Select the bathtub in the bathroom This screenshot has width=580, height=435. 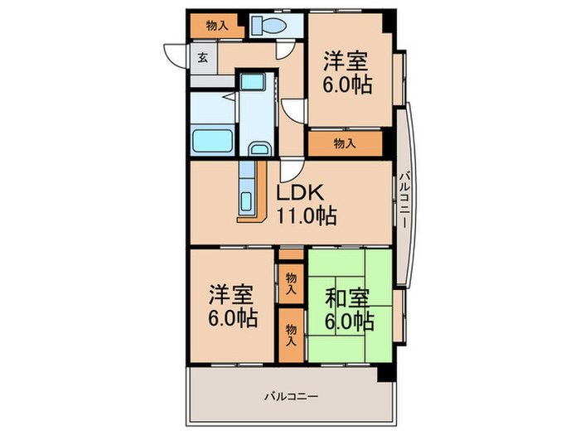(212, 139)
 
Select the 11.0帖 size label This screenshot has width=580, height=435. (306, 217)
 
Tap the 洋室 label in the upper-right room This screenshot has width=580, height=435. (346, 60)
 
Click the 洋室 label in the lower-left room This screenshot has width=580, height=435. (231, 293)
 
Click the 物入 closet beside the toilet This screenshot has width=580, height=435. (217, 26)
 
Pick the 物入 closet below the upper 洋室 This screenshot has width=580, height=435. (345, 143)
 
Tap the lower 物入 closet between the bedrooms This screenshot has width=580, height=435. (291, 334)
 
